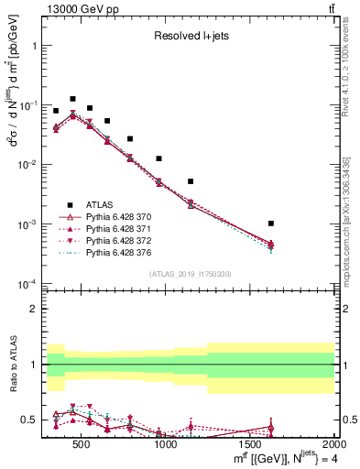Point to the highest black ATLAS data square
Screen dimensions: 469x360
(72, 99)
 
